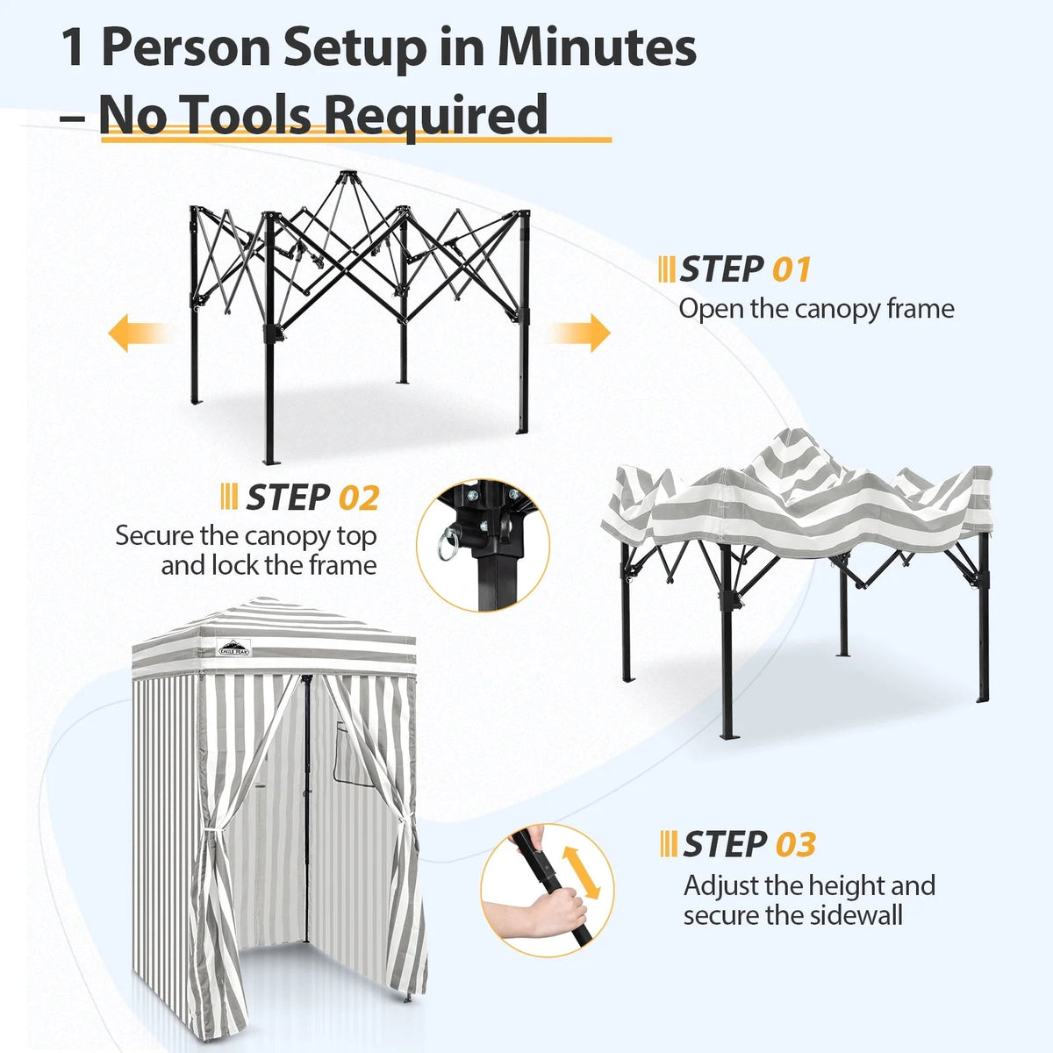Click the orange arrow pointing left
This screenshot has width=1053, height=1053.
(140, 333)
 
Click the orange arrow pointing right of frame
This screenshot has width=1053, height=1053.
(580, 333)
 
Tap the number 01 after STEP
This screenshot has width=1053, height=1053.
(792, 270)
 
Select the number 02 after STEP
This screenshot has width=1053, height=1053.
(359, 498)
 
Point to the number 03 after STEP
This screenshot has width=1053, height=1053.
(796, 845)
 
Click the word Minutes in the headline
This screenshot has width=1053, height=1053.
(597, 48)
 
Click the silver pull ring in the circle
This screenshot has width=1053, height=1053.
(447, 545)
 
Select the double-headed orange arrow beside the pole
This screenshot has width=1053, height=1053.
(582, 873)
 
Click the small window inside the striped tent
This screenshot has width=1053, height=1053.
(355, 756)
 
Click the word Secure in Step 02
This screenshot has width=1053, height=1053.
(154, 535)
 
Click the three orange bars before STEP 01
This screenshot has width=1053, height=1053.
(666, 269)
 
